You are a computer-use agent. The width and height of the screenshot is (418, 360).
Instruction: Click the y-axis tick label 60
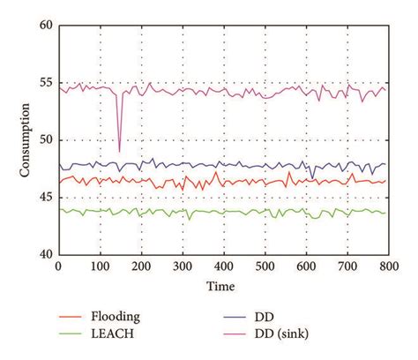[44, 26]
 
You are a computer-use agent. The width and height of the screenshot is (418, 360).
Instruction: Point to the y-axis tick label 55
[44, 84]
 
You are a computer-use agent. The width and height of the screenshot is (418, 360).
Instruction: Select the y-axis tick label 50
[44, 141]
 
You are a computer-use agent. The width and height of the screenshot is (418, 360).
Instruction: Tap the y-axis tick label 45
[44, 198]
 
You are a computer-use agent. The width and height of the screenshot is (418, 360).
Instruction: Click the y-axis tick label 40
[44, 255]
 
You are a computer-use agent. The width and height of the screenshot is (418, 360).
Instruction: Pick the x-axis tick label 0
[58, 266]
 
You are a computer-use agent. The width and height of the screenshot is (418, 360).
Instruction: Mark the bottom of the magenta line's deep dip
[119, 151]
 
